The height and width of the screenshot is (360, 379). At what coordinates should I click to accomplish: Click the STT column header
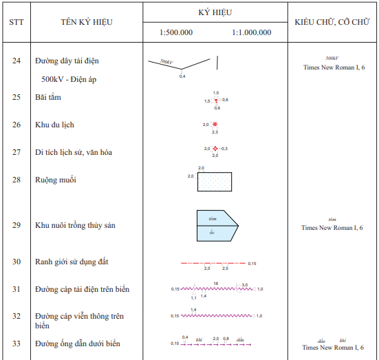[17, 21]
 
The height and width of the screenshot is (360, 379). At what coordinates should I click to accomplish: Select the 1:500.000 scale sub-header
[176, 32]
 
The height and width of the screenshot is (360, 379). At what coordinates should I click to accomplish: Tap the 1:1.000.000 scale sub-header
[252, 32]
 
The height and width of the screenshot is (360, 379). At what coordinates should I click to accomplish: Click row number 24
[17, 61]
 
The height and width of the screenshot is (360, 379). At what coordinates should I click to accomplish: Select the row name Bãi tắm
[48, 97]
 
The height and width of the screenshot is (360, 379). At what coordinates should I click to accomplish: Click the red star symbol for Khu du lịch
[215, 125]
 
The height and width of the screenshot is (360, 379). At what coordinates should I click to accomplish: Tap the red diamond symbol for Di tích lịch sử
[215, 149]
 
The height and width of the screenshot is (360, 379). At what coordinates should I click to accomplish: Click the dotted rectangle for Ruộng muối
[214, 182]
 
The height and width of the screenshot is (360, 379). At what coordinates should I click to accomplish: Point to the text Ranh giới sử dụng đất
[72, 262]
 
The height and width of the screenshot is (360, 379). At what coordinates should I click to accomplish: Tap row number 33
[17, 343]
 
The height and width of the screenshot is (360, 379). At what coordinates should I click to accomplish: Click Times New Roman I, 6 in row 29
[332, 227]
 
